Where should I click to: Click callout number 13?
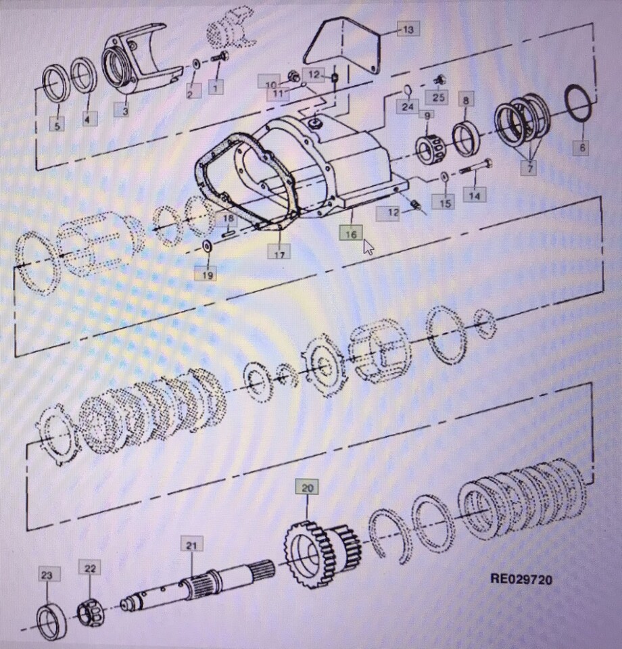[408, 29]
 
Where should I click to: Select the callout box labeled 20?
[308, 487]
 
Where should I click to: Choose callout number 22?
[90, 569]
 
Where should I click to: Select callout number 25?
[439, 97]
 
